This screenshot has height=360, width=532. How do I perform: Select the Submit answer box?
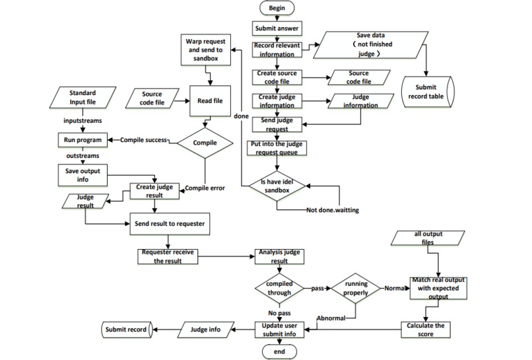(x=276, y=28)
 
